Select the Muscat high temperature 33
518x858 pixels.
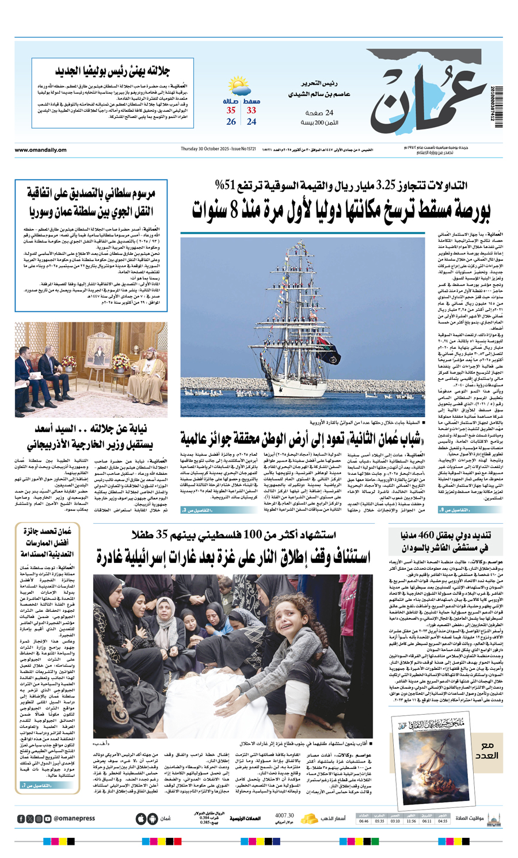point(252,110)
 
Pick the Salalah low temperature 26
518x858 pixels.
point(231,122)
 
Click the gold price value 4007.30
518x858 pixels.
point(284,815)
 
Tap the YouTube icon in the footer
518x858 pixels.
point(48,818)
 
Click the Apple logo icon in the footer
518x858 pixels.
point(141,818)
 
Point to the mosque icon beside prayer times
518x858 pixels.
point(493,818)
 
